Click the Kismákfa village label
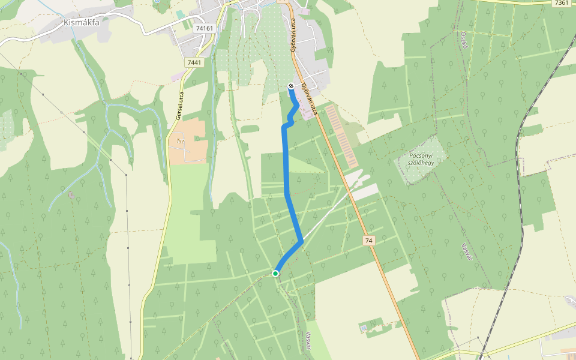click(x=81, y=23)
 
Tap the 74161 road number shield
click(x=205, y=28)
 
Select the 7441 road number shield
click(x=194, y=62)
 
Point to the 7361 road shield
click(x=561, y=3)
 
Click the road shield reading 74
click(x=368, y=241)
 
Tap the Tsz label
click(x=180, y=142)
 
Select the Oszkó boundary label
click(x=464, y=42)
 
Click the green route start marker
click(x=275, y=274)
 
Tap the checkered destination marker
click(x=291, y=86)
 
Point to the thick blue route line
click(x=286, y=162)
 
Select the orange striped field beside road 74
click(x=341, y=135)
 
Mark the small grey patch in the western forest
click(x=71, y=194)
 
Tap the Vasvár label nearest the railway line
click(x=466, y=253)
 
